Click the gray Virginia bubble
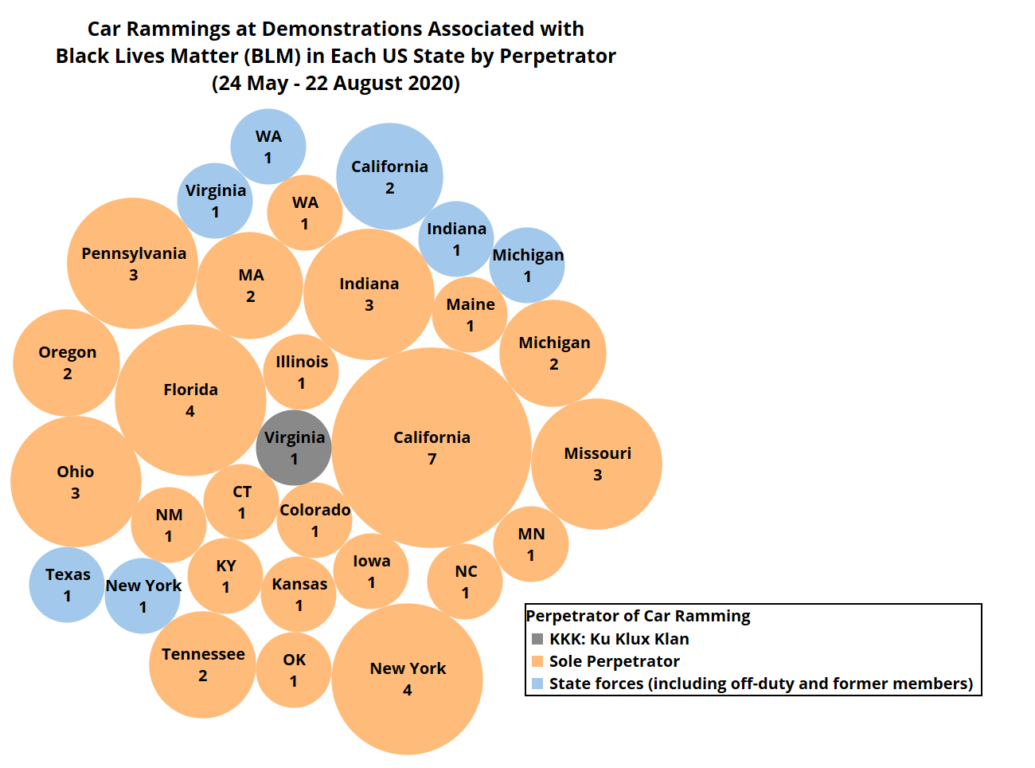pos(294,448)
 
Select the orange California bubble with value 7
pos(432,448)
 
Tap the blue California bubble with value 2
pos(389,176)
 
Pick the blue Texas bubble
pos(67,585)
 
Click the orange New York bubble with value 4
pos(407,679)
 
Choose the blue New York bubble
pos(143,596)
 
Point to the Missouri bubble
pos(596,464)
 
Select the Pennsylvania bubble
pos(133,263)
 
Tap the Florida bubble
pos(190,400)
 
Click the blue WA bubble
pos(268,147)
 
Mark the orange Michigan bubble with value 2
pos(553,353)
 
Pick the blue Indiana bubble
pos(456,239)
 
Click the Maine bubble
pos(470,315)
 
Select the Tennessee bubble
pos(202,664)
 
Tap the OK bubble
pos(294,670)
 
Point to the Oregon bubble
pos(67,362)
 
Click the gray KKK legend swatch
pos(537,639)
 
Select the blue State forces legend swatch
pos(537,684)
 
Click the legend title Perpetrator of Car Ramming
pos(638,616)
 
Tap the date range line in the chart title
pos(335,83)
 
